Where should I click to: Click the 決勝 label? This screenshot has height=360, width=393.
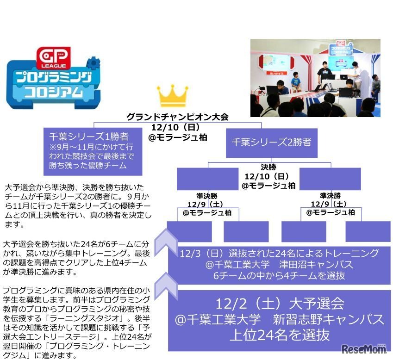pyautogui.click(x=268, y=167)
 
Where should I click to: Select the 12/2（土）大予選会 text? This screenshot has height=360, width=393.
pyautogui.click(x=280, y=304)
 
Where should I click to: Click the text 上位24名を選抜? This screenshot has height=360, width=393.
pyautogui.click(x=280, y=335)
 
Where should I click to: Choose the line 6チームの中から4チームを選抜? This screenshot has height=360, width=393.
pyautogui.click(x=280, y=276)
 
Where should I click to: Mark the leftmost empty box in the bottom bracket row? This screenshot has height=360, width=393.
pyautogui.click(x=189, y=231)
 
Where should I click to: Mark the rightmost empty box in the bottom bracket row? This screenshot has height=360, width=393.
pyautogui.click(x=368, y=231)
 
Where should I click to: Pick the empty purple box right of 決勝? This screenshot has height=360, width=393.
pyautogui.click(x=330, y=179)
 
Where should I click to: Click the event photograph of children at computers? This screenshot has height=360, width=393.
pyautogui.click(x=315, y=78)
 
